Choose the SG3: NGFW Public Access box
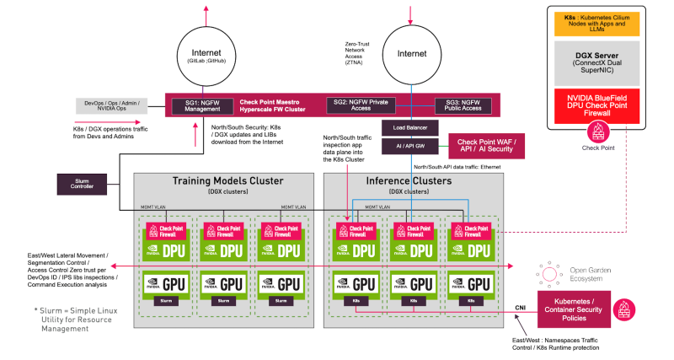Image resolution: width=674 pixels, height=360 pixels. tap(464, 105)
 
